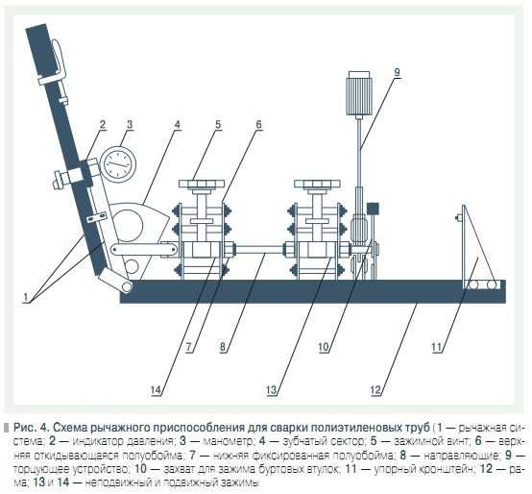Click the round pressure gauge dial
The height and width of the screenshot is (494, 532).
coord(119,164)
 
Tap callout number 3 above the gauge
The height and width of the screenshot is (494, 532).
coord(130,125)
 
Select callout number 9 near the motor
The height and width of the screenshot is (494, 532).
coord(398,72)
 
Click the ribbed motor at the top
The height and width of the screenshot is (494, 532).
coord(359,93)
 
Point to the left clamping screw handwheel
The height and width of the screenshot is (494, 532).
coord(202,184)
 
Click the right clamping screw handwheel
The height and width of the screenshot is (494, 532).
coord(317,184)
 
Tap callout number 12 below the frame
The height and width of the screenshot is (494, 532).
coord(375,390)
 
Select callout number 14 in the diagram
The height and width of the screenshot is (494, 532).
coord(156,390)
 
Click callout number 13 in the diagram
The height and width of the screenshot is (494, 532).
coord(272,390)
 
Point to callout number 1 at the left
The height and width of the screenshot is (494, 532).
coord(25,297)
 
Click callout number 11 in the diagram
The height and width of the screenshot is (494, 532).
coord(436,347)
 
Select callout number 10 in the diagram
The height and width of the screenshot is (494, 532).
coord(324,347)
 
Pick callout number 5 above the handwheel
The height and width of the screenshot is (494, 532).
coord(218,125)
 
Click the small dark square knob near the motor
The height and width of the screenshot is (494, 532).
coord(373,209)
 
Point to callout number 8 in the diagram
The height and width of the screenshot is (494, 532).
coord(223,347)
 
